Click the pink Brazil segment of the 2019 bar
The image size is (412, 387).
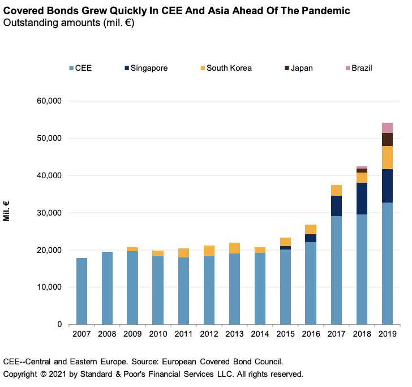[x=387, y=128]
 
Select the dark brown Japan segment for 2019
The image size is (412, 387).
[x=387, y=139]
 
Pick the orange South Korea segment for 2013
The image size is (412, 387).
[x=234, y=248]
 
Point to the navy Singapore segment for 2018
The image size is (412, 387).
[x=362, y=199]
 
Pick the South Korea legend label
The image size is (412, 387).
[x=229, y=68]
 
